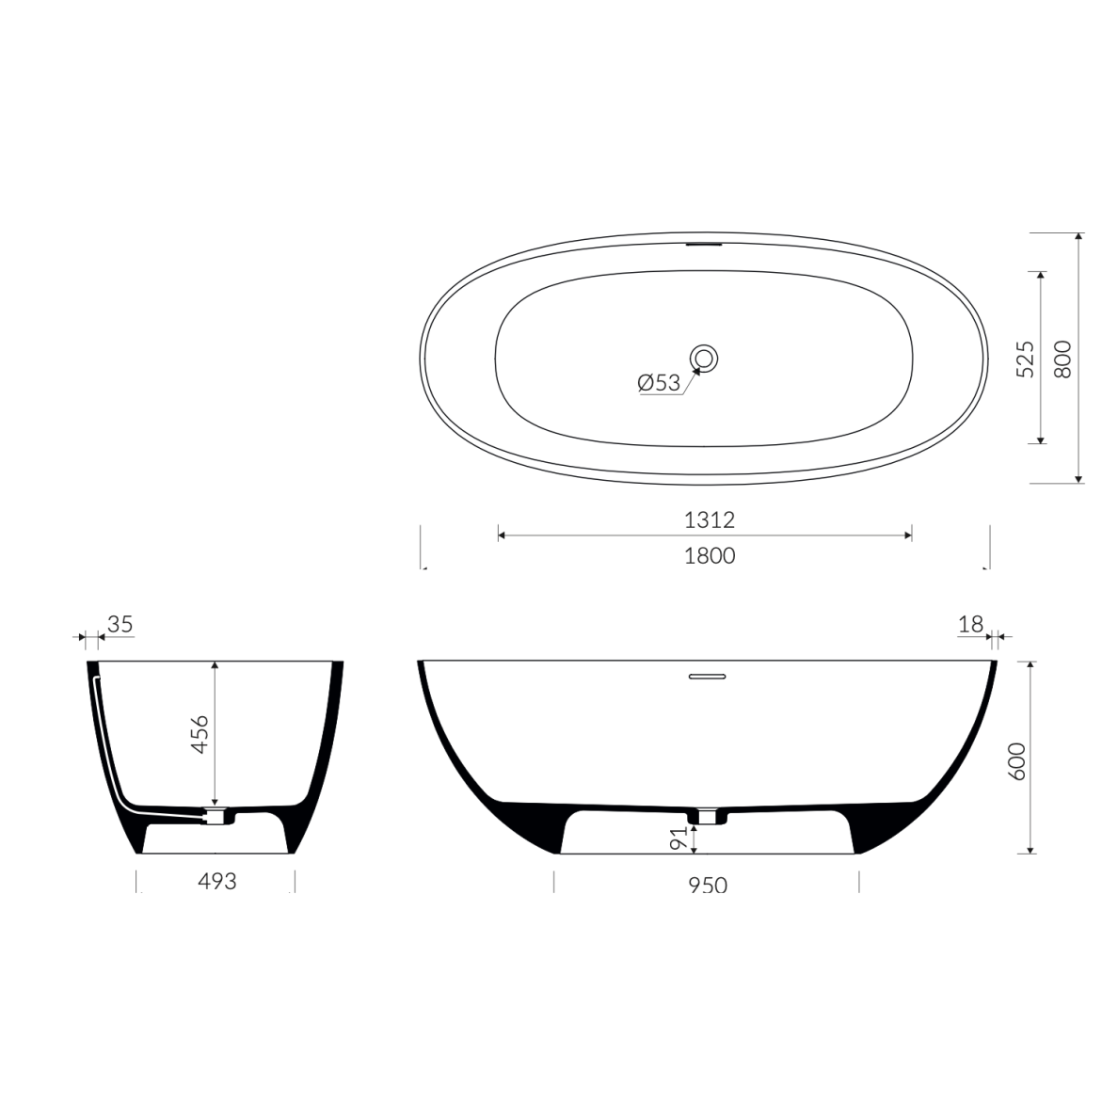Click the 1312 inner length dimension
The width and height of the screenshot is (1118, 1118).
[x=709, y=519]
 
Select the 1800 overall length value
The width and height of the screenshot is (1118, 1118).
[x=710, y=555]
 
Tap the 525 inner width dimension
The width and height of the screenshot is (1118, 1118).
[x=1024, y=359]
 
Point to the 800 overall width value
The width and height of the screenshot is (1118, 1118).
[x=1062, y=359]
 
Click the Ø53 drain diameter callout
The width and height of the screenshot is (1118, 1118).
[x=659, y=383]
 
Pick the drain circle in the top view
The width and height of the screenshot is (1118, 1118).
[x=705, y=358]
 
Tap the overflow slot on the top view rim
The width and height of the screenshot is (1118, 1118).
[x=705, y=245]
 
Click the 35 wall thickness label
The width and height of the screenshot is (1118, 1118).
[x=120, y=624]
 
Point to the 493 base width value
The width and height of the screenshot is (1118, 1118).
[x=216, y=881]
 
